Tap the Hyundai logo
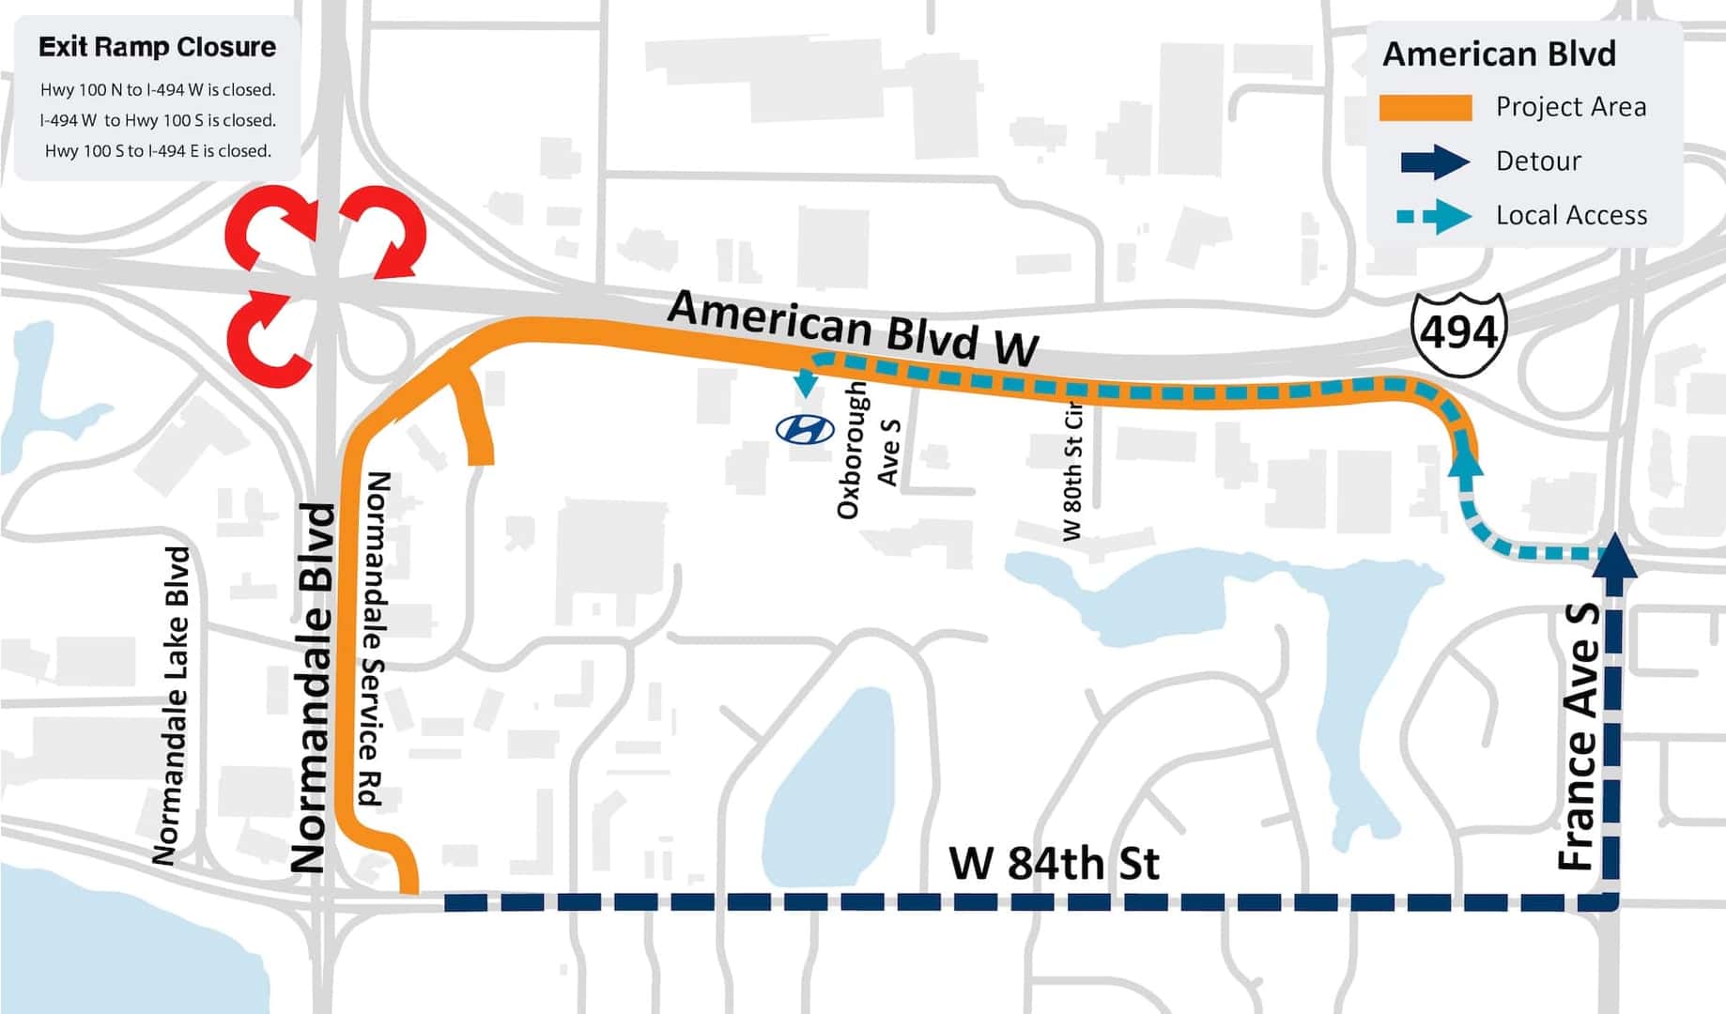tap(805, 429)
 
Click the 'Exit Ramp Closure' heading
tap(157, 47)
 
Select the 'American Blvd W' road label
tap(853, 328)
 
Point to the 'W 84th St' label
tap(1054, 863)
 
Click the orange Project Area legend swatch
tap(1425, 108)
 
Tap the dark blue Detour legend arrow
tap(1434, 161)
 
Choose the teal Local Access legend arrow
tap(1434, 216)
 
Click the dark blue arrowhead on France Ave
tap(1614, 555)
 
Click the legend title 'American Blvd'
tap(1499, 54)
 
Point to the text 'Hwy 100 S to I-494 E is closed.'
tap(158, 151)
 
